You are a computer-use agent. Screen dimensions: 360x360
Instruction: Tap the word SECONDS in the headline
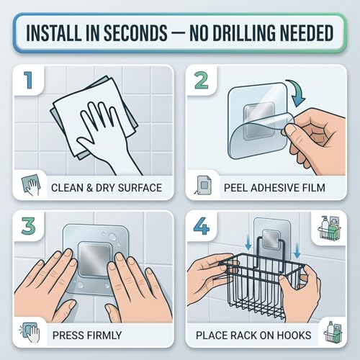pyautogui.click(x=135, y=32)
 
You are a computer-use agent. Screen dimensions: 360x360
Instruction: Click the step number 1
pyautogui.click(x=28, y=81)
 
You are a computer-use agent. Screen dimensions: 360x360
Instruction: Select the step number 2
pyautogui.click(x=202, y=81)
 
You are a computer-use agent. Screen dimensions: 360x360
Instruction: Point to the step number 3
pyautogui.click(x=28, y=226)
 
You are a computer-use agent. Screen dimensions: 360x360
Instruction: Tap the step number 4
pyautogui.click(x=202, y=226)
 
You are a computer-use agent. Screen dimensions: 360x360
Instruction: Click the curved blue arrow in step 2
pyautogui.click(x=296, y=93)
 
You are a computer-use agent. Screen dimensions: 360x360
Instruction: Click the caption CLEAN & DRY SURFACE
pyautogui.click(x=107, y=188)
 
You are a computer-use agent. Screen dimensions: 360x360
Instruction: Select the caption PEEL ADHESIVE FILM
pyautogui.click(x=274, y=188)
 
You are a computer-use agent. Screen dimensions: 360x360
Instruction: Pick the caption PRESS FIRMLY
pyautogui.click(x=87, y=336)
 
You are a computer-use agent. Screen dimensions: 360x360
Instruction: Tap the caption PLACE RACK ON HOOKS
pyautogui.click(x=253, y=336)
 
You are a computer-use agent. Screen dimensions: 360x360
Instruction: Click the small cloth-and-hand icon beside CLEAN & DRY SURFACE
pyautogui.click(x=31, y=184)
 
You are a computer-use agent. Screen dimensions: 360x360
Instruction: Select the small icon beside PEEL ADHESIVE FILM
pyautogui.click(x=203, y=185)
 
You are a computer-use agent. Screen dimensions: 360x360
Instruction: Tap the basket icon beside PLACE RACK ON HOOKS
pyautogui.click(x=333, y=332)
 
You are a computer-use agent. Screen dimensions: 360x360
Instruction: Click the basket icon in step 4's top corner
pyautogui.click(x=329, y=228)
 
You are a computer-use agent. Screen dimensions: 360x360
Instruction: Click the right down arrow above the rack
pyautogui.click(x=297, y=251)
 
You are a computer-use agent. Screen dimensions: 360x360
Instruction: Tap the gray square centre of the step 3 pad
pyautogui.click(x=94, y=259)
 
